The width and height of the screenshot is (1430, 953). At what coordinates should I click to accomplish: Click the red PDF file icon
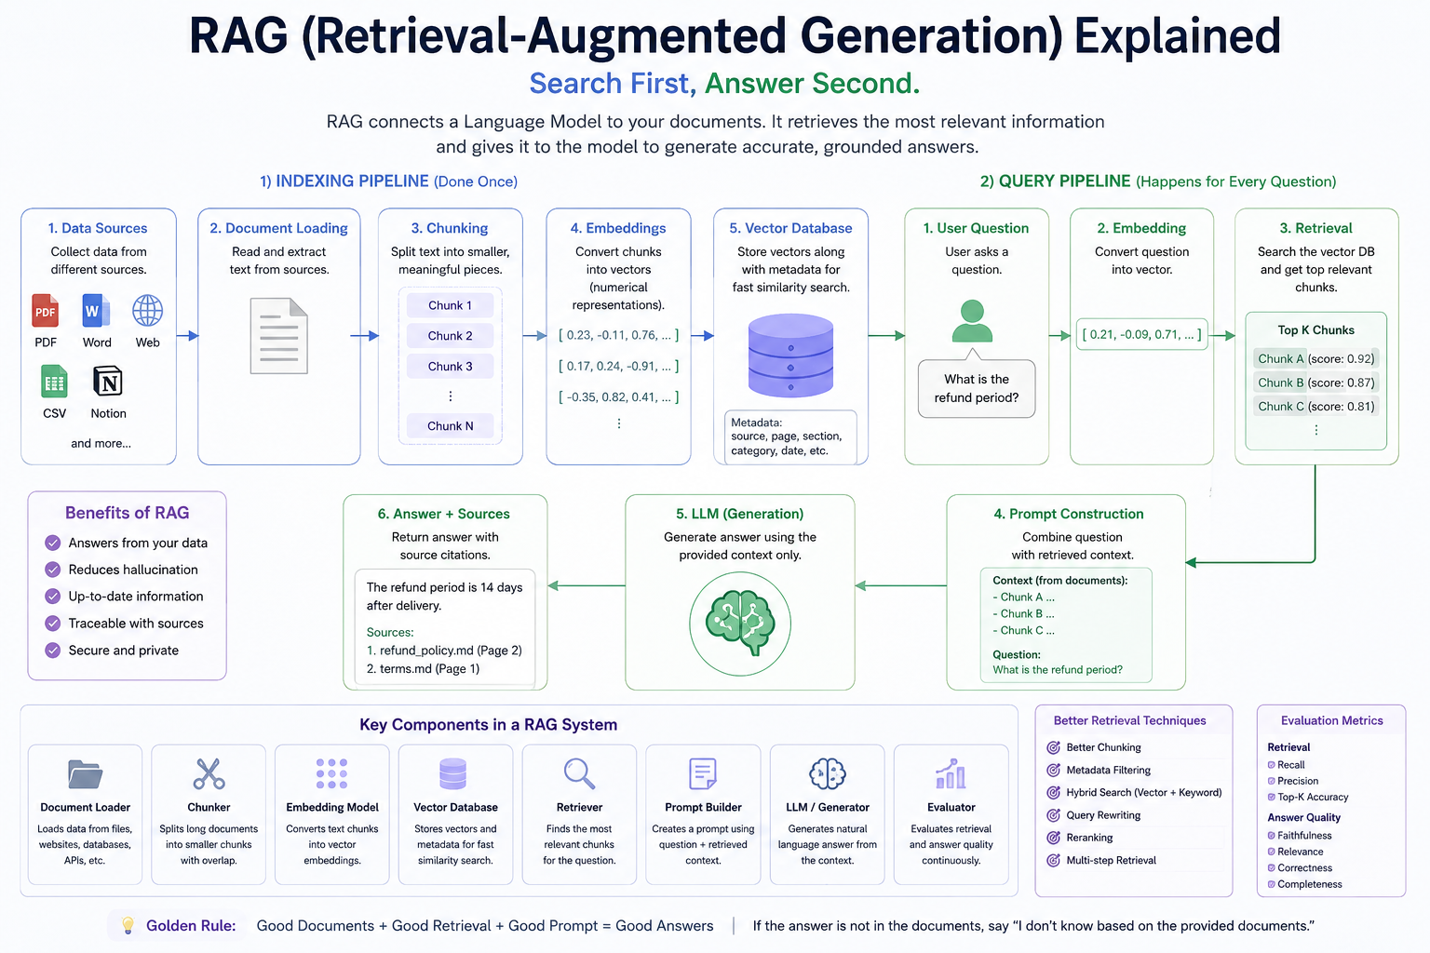(x=46, y=311)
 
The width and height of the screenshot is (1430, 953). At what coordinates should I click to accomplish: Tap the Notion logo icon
(x=108, y=382)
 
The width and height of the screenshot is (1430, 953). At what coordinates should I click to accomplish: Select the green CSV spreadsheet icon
(x=54, y=382)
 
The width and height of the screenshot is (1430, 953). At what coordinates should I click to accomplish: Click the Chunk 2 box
(x=450, y=336)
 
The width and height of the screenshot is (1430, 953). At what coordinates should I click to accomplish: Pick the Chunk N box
(x=450, y=425)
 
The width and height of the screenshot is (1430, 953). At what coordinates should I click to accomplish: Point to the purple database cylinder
(x=790, y=355)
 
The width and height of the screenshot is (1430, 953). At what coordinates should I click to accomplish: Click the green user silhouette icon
(x=972, y=321)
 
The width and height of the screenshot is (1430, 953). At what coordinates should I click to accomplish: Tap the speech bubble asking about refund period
(x=977, y=387)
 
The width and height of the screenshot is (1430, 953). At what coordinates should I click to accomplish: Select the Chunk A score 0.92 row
(x=1315, y=358)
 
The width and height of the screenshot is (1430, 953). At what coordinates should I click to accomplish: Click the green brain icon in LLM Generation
(x=740, y=624)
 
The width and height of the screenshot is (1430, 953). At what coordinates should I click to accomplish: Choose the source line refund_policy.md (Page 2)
(x=444, y=651)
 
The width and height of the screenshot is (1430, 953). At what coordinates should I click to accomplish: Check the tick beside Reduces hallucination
(x=53, y=570)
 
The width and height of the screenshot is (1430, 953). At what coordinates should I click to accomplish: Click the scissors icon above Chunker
(x=209, y=773)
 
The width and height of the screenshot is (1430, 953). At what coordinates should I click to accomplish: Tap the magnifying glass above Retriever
(x=580, y=773)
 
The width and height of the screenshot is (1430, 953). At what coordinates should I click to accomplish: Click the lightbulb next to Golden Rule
(x=128, y=926)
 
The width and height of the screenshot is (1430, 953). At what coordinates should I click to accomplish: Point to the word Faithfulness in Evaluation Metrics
(x=1304, y=836)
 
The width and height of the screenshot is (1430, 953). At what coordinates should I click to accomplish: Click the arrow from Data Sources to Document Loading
(x=187, y=336)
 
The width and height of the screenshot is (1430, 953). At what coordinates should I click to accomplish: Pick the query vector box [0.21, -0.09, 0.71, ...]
(x=1141, y=334)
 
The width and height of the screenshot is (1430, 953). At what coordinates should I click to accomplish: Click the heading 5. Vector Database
(x=790, y=228)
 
